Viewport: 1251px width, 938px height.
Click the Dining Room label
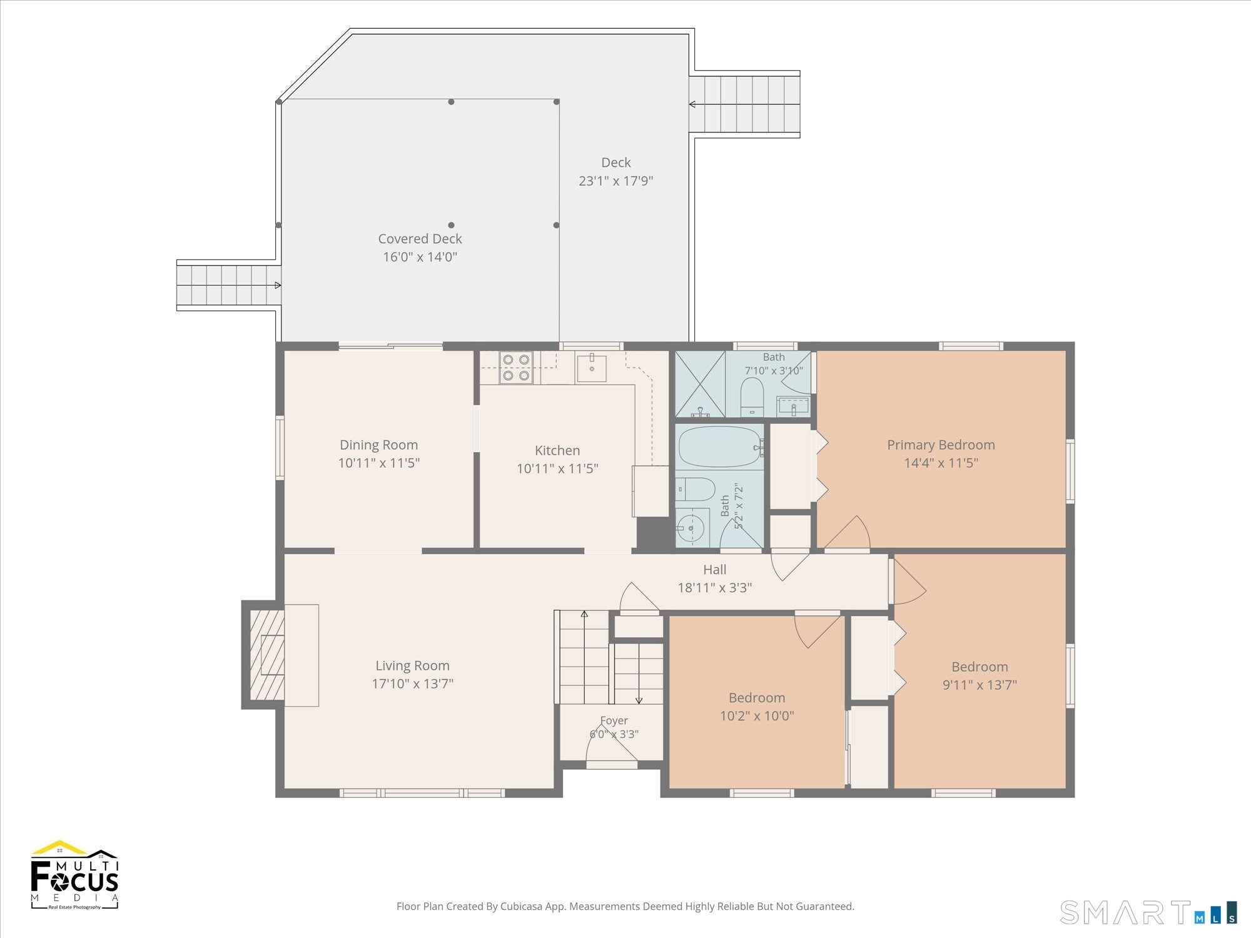[x=378, y=445]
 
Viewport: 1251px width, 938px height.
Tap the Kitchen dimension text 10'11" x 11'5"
[x=557, y=468]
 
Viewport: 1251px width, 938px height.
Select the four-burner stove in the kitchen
[x=516, y=367]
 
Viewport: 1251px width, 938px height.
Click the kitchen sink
[x=591, y=368]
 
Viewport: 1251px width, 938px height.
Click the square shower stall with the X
[x=700, y=385]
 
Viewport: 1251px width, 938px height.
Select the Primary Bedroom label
[x=941, y=445]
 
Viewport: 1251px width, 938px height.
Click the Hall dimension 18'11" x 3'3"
[x=715, y=588]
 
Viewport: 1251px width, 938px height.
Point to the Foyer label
[x=614, y=720]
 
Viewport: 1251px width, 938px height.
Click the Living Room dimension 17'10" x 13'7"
[x=412, y=683]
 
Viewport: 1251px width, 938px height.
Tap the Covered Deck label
[x=420, y=239]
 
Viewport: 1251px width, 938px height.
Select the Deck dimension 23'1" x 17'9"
[x=615, y=181]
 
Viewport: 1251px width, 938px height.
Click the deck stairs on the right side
[x=744, y=104]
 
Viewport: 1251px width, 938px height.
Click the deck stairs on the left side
[x=229, y=285]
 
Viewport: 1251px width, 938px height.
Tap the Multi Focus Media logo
[x=74, y=875]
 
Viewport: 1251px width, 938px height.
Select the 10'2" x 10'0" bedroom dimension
[x=757, y=715]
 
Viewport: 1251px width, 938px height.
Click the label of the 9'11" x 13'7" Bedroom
[x=980, y=667]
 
